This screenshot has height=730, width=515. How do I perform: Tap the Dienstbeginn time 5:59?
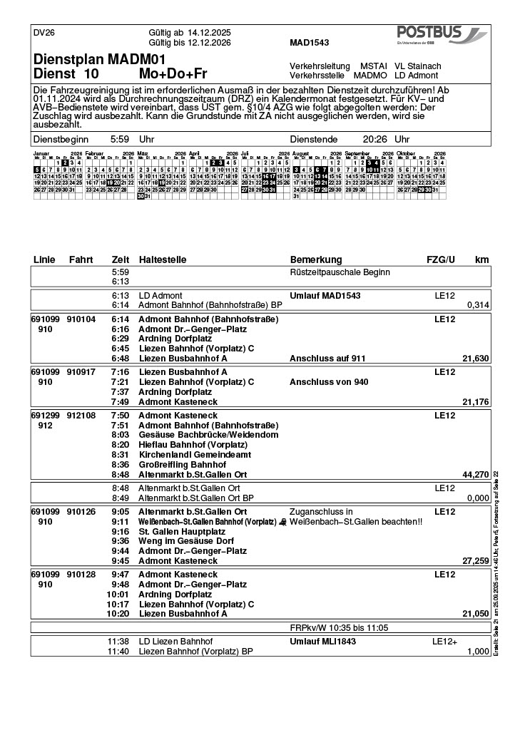pos(120,140)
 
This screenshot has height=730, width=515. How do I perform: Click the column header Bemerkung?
pos(316,259)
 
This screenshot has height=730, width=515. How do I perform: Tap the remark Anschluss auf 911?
pos(327,359)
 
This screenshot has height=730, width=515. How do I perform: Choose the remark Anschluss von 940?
pos(329,382)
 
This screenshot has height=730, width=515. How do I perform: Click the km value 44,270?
pos(475,474)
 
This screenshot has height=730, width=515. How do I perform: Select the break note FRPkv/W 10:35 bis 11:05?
pos(340,627)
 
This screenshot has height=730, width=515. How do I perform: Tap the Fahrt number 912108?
pos(81,415)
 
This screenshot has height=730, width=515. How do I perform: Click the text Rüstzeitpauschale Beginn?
pos(340,272)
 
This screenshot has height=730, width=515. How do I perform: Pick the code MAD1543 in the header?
pos(310,43)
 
